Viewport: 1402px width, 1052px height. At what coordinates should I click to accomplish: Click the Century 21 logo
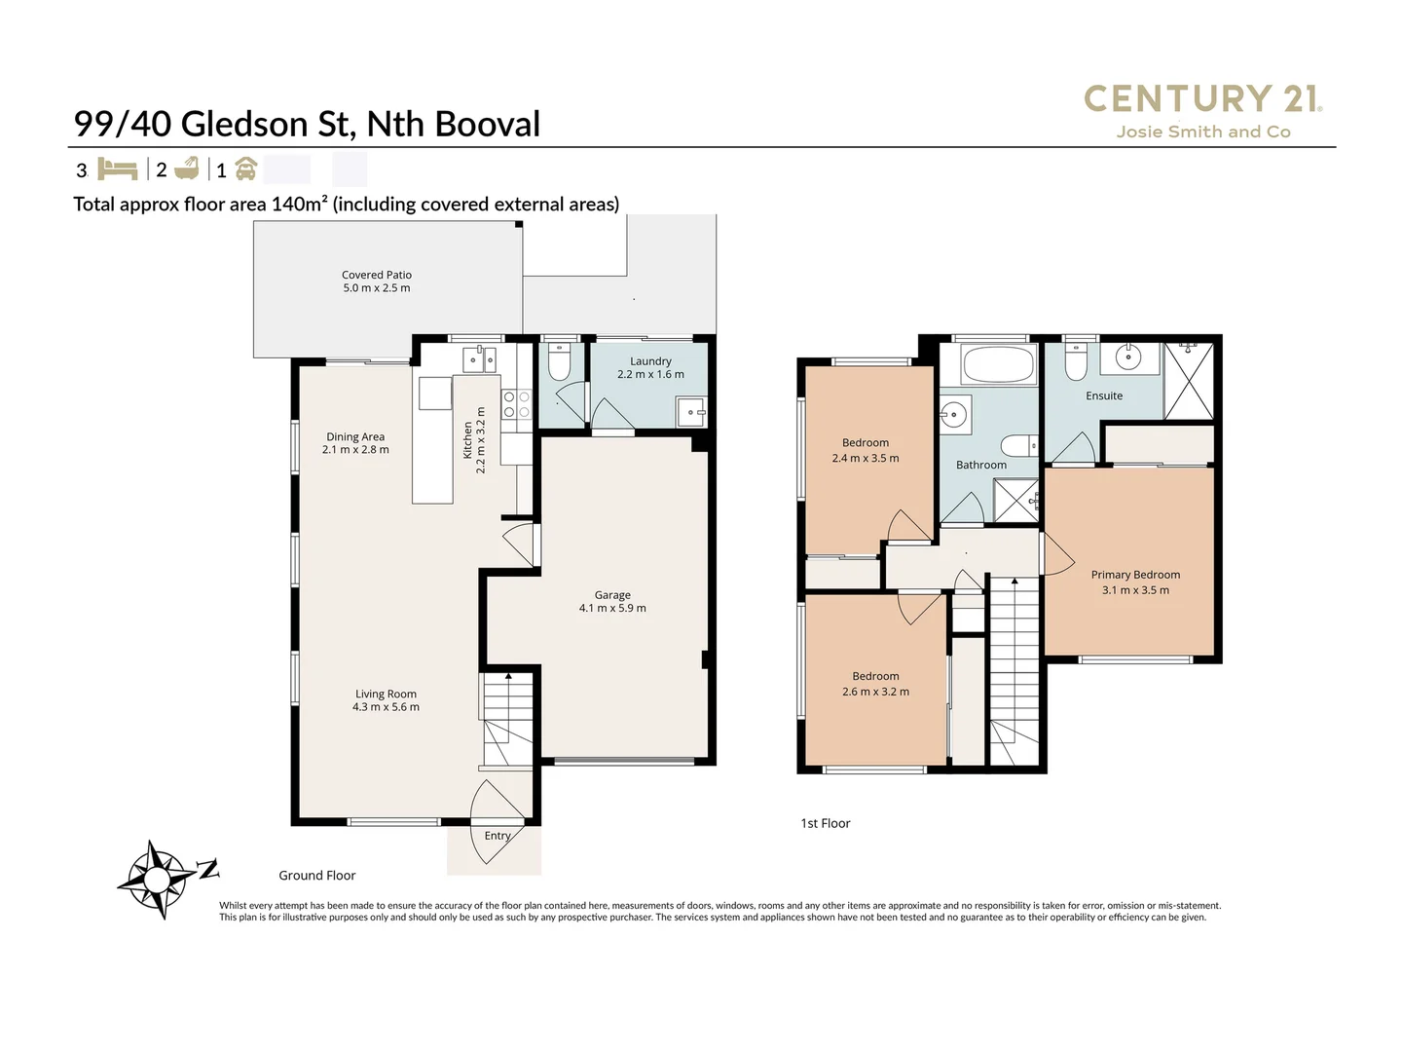[1202, 110]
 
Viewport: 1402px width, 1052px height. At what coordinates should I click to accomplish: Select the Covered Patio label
[377, 282]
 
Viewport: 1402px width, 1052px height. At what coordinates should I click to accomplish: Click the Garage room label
[612, 601]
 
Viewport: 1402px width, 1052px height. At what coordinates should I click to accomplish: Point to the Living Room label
[386, 700]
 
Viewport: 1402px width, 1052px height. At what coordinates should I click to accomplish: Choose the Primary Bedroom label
[1135, 582]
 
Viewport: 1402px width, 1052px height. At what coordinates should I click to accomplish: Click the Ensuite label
[1104, 395]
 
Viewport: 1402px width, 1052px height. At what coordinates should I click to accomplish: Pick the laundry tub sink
[692, 412]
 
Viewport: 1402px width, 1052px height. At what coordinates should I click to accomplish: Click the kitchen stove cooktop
[515, 404]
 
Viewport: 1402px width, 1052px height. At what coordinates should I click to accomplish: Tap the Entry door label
[498, 836]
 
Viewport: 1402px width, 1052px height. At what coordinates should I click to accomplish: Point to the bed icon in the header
[118, 169]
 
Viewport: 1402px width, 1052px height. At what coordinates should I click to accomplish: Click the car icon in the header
[245, 169]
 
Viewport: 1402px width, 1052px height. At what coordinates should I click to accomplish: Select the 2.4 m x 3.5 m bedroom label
[866, 450]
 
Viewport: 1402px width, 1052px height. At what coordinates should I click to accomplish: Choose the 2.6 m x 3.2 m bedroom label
[875, 684]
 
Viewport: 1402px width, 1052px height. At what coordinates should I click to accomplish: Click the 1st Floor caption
[825, 823]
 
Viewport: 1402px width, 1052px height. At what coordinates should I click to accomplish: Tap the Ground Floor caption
[317, 875]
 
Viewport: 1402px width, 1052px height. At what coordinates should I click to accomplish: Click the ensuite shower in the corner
[1189, 381]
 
